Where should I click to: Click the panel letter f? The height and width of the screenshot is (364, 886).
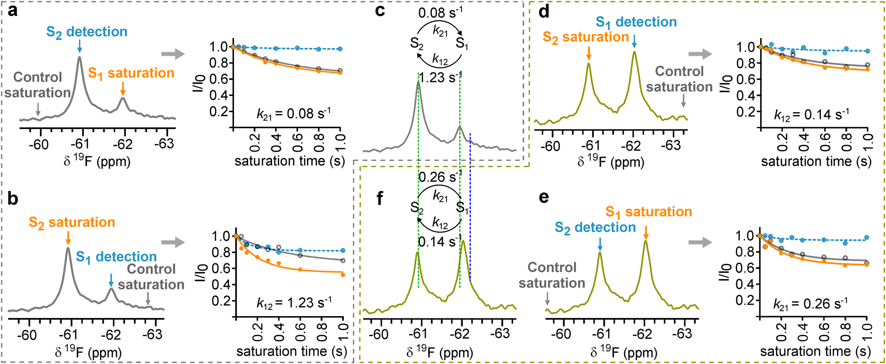pyautogui.click(x=379, y=199)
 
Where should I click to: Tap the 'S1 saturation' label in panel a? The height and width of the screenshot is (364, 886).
pyautogui.click(x=131, y=73)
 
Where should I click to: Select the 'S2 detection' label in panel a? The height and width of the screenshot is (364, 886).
pyautogui.click(x=87, y=32)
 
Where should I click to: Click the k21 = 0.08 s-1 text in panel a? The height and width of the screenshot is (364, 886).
pyautogui.click(x=293, y=114)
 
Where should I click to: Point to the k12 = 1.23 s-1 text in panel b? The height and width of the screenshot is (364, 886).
pyautogui.click(x=294, y=303)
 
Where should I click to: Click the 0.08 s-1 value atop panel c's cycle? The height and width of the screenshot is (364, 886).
pyautogui.click(x=440, y=12)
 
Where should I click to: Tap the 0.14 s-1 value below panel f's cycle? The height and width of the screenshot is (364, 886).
pyautogui.click(x=440, y=242)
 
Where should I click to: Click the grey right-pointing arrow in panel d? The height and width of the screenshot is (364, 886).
pyautogui.click(x=700, y=54)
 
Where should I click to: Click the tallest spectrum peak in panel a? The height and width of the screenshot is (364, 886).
pyautogui.click(x=79, y=58)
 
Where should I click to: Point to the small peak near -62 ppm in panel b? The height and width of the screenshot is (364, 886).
pyautogui.click(x=112, y=290)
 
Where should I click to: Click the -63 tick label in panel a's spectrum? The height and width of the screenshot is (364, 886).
pyautogui.click(x=164, y=144)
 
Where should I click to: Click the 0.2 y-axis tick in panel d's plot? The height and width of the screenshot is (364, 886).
pyautogui.click(x=745, y=112)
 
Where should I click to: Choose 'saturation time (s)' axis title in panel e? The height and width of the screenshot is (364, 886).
pyautogui.click(x=816, y=352)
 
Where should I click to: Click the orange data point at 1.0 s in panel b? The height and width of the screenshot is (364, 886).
pyautogui.click(x=343, y=275)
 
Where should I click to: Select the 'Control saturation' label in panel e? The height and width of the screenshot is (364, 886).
pyautogui.click(x=552, y=275)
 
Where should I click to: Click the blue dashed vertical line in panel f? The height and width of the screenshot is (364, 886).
pyautogui.click(x=470, y=222)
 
